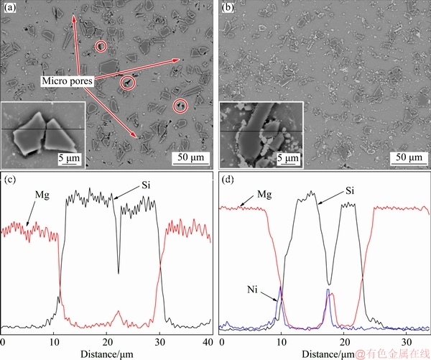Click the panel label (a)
click(11, 9)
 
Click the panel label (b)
click(228, 9)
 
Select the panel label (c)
click(11, 178)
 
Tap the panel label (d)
click(228, 178)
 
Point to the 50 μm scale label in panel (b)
click(409, 157)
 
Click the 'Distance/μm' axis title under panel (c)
click(106, 354)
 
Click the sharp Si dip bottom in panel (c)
click(119, 273)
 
